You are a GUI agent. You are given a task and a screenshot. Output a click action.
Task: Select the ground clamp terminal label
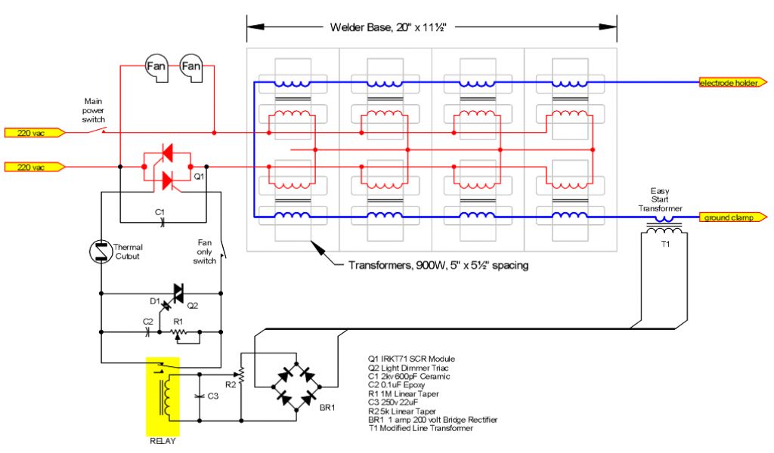click(729, 218)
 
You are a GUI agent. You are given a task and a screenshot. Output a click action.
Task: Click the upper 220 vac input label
click(34, 133)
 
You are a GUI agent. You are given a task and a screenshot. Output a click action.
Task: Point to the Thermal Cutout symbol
click(101, 252)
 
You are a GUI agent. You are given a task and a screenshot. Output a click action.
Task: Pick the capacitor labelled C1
click(160, 222)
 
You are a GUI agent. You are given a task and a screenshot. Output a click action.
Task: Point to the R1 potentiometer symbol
click(178, 331)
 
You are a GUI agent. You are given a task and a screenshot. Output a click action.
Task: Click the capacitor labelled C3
click(199, 396)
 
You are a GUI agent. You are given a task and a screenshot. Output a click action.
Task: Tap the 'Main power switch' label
click(95, 109)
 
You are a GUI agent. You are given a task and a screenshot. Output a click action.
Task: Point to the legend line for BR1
click(433, 419)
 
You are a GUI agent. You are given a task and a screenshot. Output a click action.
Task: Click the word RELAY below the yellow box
click(163, 441)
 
